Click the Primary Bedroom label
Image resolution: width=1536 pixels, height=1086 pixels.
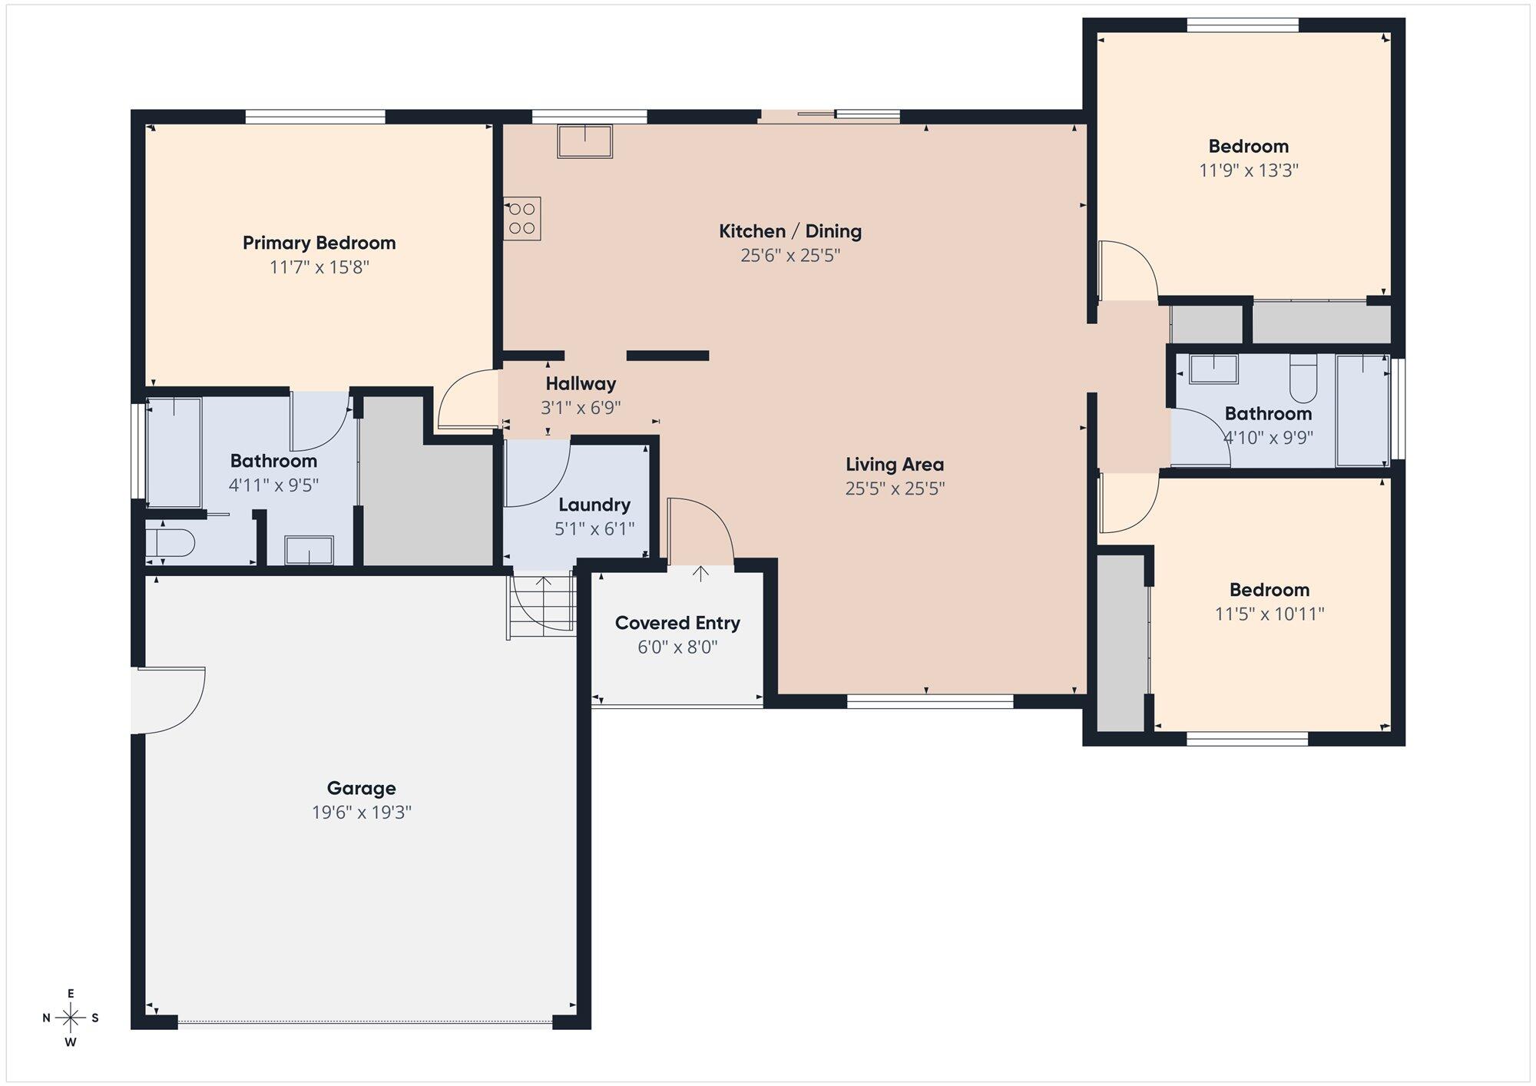coord(319,243)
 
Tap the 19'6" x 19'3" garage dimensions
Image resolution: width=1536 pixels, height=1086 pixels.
coord(362,813)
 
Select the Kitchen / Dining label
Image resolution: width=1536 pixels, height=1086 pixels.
coord(790,231)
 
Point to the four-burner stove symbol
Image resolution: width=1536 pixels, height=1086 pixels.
coord(522,218)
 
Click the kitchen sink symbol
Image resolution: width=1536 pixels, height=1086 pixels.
coord(585,141)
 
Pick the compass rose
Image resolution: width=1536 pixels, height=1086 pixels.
coord(71,1018)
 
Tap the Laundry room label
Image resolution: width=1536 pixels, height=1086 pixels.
coord(594,505)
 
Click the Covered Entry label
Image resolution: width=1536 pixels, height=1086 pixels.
coord(677,623)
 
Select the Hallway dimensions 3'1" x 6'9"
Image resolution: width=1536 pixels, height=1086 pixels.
coord(581,408)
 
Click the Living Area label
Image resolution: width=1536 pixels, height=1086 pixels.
coord(895,465)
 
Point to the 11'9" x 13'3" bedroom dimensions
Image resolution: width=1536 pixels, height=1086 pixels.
coord(1249,171)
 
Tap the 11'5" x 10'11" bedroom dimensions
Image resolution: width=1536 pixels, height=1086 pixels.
coord(1270,614)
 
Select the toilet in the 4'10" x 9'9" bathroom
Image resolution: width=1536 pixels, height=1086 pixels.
coord(1303,379)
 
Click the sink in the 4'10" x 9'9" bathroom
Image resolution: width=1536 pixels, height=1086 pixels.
coord(1213,369)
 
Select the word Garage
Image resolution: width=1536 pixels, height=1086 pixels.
coord(362,788)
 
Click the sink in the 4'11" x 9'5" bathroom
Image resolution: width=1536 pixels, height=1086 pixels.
coord(310,551)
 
